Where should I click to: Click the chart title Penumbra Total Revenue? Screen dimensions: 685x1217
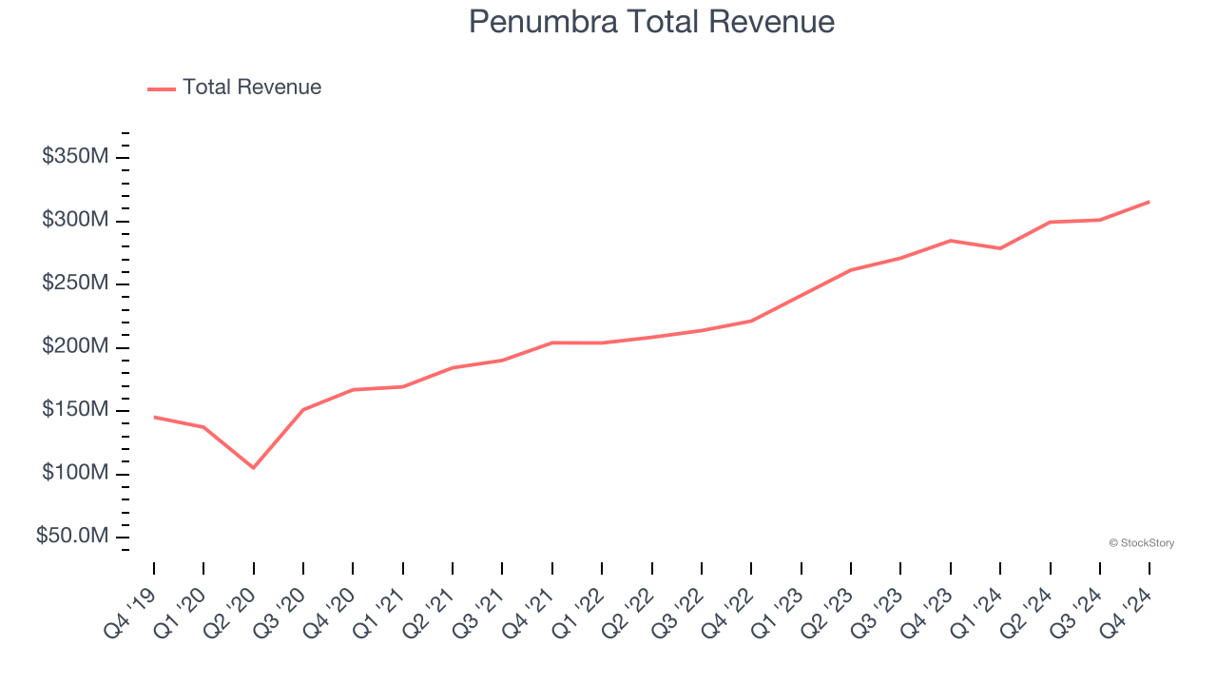pyautogui.click(x=651, y=22)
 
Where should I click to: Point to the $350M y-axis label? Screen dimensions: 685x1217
pyautogui.click(x=75, y=157)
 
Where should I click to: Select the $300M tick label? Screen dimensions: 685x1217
pyautogui.click(x=75, y=221)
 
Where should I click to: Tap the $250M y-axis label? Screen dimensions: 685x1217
pyautogui.click(x=75, y=284)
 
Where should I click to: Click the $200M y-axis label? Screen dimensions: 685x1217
pyautogui.click(x=75, y=347)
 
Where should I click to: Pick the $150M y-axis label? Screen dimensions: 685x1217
pyautogui.click(x=75, y=410)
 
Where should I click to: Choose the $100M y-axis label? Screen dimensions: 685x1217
pyautogui.click(x=75, y=474)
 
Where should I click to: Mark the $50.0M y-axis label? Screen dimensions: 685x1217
pyautogui.click(x=72, y=537)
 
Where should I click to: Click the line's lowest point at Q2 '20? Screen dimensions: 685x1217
pyautogui.click(x=253, y=467)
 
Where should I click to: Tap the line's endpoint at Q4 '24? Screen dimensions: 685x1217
pyautogui.click(x=1149, y=202)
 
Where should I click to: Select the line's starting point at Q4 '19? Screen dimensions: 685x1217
pyautogui.click(x=154, y=417)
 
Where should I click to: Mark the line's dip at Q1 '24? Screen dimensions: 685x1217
pyautogui.click(x=1000, y=248)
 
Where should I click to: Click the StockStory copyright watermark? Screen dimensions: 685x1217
pyautogui.click(x=1141, y=543)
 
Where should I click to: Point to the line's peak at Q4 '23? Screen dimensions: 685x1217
pyautogui.click(x=950, y=241)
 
